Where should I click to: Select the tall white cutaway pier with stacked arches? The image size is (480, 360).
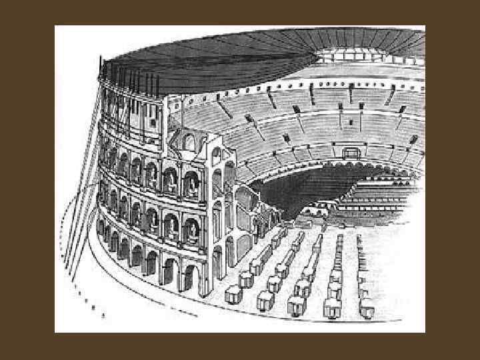217,207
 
